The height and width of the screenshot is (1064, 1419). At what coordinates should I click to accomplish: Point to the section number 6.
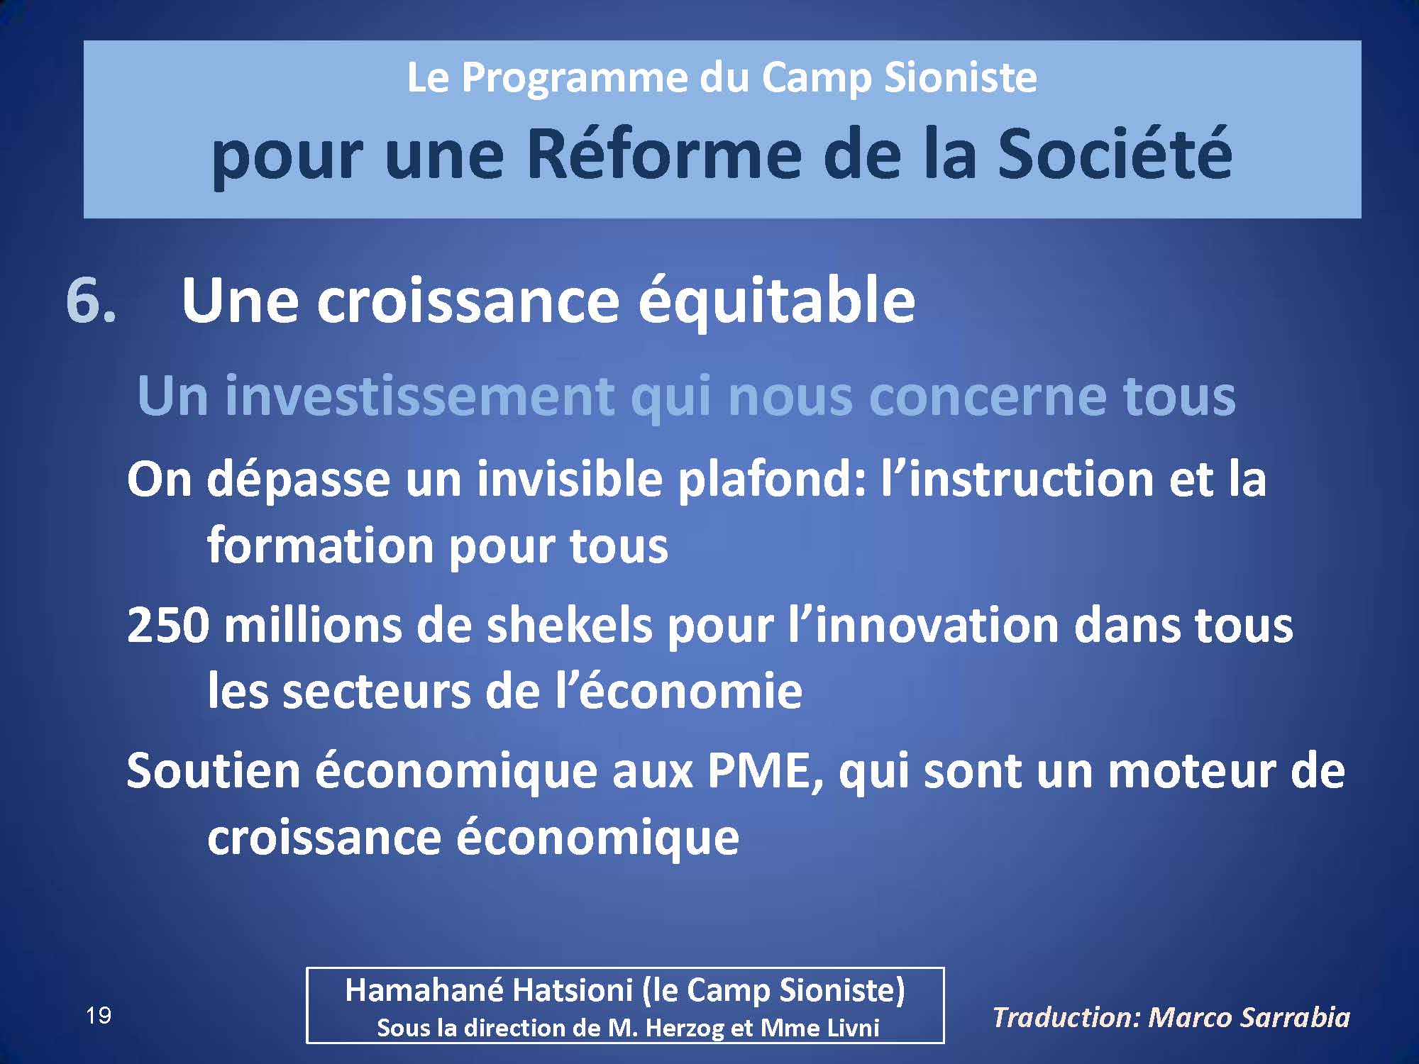(91, 301)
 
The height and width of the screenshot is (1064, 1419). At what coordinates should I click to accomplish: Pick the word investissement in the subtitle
(419, 396)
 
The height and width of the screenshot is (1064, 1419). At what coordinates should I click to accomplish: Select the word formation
(320, 545)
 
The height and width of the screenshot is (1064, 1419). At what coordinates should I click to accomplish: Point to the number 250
(168, 626)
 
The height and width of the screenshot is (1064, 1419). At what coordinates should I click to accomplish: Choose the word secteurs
(375, 692)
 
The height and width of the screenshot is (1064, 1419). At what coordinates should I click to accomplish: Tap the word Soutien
(214, 770)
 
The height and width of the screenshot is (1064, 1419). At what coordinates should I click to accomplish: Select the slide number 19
(99, 1016)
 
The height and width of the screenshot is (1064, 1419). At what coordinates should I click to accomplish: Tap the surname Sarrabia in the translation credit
(1295, 1018)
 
